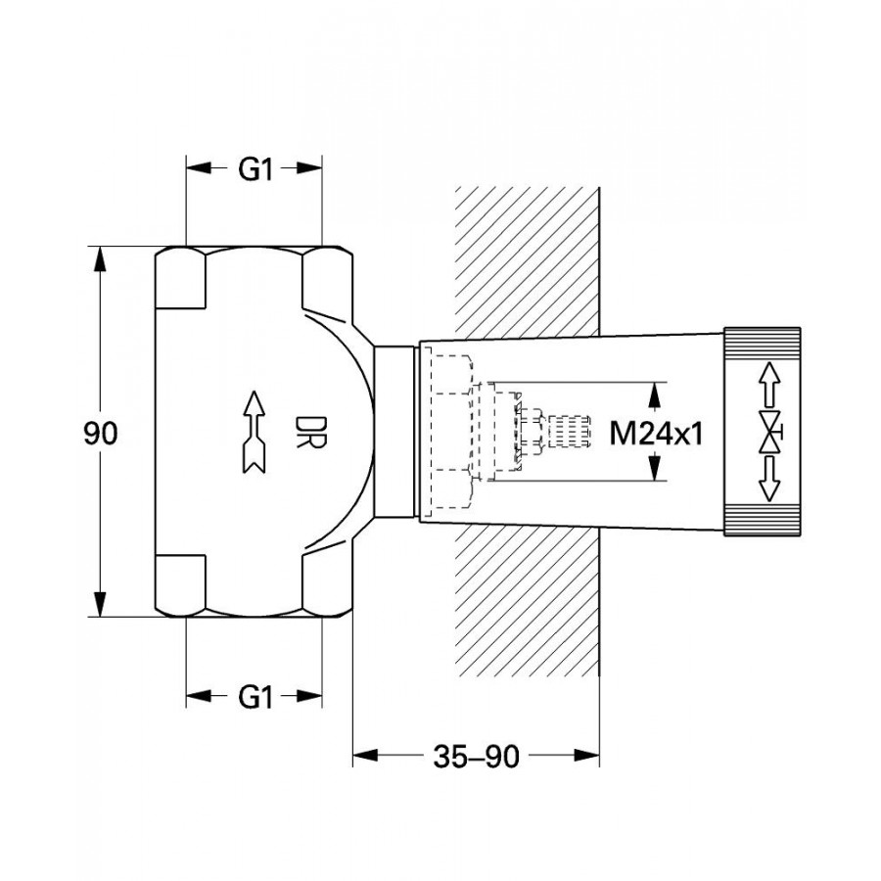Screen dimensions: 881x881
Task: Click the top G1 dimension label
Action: point(255,169)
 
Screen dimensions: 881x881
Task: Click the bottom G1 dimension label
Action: point(255,697)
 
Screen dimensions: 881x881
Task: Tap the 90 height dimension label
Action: point(101,434)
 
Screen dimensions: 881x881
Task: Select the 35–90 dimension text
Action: point(476,757)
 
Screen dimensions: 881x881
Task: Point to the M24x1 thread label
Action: point(656,434)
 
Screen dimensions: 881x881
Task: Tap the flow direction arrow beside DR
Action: point(254,432)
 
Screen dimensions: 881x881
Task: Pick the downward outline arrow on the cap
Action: point(769,479)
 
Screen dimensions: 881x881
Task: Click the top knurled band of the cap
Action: point(763,344)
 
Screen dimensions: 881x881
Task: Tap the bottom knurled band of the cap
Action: point(763,519)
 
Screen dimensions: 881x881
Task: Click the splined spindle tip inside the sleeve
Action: point(569,431)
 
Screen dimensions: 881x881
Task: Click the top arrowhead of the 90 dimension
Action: point(100,258)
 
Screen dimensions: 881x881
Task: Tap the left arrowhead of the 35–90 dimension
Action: point(365,756)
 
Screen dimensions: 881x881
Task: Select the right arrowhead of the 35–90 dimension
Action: point(586,756)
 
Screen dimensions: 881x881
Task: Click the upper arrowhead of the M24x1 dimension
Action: point(654,395)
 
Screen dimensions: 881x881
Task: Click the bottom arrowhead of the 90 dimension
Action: point(100,604)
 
